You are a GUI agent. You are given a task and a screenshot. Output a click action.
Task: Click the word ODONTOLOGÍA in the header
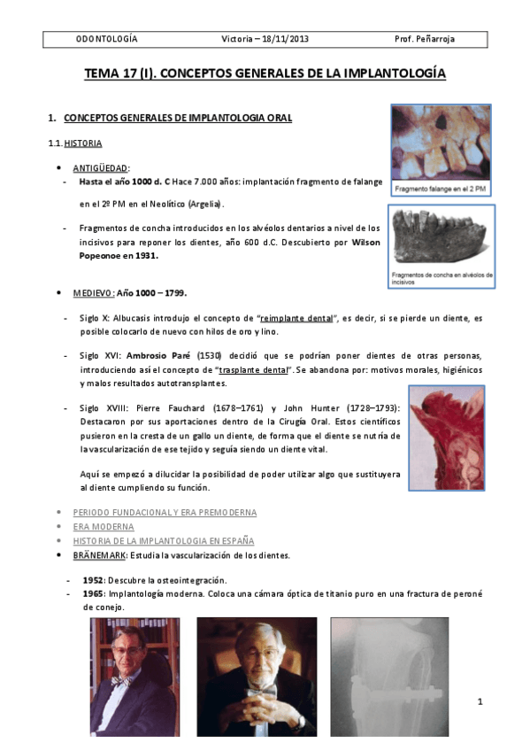(x=106, y=40)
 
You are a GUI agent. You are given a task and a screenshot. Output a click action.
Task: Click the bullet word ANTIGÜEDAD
(x=101, y=167)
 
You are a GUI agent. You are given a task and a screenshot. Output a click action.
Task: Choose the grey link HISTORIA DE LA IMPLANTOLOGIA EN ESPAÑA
(x=163, y=540)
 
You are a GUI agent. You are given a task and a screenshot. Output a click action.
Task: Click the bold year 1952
(x=93, y=579)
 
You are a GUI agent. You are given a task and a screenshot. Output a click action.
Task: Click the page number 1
(x=479, y=702)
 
